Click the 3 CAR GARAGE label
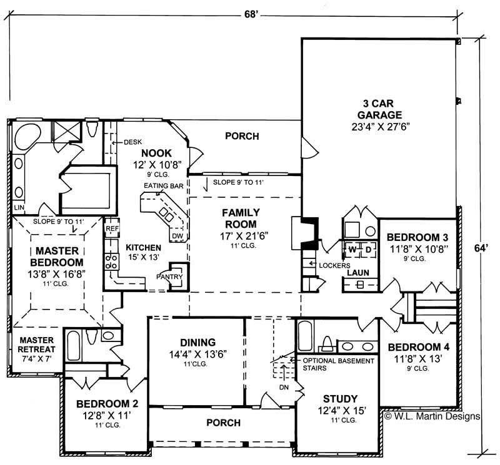[x=380, y=109]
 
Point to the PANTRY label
[x=169, y=275]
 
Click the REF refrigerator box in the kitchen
[x=112, y=229]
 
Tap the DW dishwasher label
[x=177, y=236]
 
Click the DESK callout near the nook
[x=132, y=142]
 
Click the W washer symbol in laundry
[x=352, y=249]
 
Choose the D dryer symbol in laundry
[x=369, y=249]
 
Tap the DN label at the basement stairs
[x=283, y=386]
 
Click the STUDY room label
[x=340, y=399]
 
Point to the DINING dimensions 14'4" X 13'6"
[x=197, y=353]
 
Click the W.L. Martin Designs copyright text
[x=432, y=416]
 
